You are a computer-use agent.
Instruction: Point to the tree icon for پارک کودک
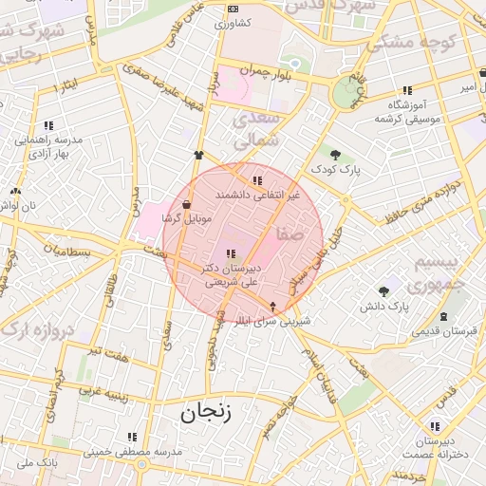(x=335, y=154)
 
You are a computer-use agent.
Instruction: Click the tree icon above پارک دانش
(x=383, y=290)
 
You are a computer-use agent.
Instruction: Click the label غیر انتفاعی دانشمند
(x=257, y=194)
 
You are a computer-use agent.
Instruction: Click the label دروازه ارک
(x=39, y=327)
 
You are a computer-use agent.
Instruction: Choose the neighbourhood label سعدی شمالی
(x=262, y=128)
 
